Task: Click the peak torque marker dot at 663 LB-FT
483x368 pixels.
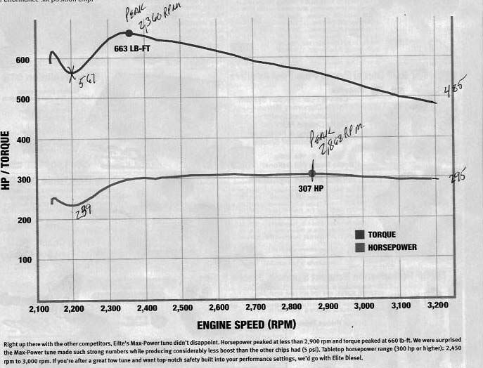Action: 129,33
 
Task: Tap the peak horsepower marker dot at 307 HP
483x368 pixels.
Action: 312,173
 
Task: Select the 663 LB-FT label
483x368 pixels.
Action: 131,49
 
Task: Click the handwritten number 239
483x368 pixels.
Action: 83,209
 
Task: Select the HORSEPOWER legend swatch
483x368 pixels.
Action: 361,247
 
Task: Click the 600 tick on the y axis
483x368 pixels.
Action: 22,60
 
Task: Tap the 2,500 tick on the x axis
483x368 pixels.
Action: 183,308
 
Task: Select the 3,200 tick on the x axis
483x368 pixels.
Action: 436,308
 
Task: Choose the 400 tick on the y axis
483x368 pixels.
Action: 22,140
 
